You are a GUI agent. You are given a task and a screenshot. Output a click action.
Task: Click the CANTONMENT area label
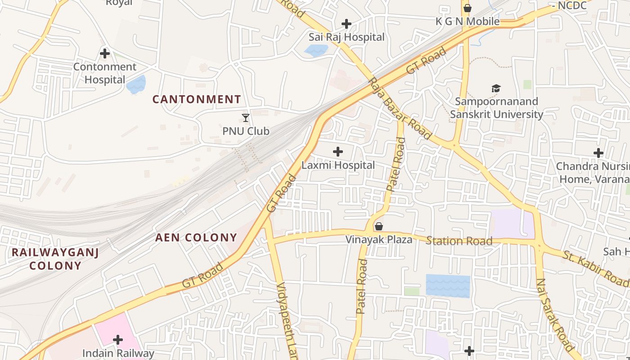click(197, 99)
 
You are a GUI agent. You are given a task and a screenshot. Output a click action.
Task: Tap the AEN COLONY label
click(196, 238)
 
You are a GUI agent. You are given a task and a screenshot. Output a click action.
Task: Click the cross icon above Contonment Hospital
click(105, 54)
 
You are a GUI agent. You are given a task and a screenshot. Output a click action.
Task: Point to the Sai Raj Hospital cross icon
click(346, 24)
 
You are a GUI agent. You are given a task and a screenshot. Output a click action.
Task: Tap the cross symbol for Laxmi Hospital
click(338, 152)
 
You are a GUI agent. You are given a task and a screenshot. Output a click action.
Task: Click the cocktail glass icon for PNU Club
click(246, 118)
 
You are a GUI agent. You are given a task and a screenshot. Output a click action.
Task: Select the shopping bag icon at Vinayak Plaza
click(379, 226)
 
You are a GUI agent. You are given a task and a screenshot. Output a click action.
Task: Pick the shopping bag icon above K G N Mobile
click(468, 8)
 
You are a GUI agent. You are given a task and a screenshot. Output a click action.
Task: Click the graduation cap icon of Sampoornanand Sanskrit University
click(496, 88)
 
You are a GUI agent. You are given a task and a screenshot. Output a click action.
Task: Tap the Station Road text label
click(459, 241)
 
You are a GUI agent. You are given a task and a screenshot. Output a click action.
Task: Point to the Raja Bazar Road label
click(400, 108)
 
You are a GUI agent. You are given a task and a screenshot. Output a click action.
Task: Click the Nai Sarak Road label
click(554, 315)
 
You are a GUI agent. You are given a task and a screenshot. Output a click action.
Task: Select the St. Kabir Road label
click(595, 269)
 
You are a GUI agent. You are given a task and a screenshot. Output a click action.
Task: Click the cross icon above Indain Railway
click(118, 340)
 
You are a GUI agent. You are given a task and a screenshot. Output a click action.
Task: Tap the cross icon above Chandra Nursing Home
click(598, 153)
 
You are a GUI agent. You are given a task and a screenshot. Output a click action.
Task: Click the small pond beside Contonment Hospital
click(136, 85)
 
